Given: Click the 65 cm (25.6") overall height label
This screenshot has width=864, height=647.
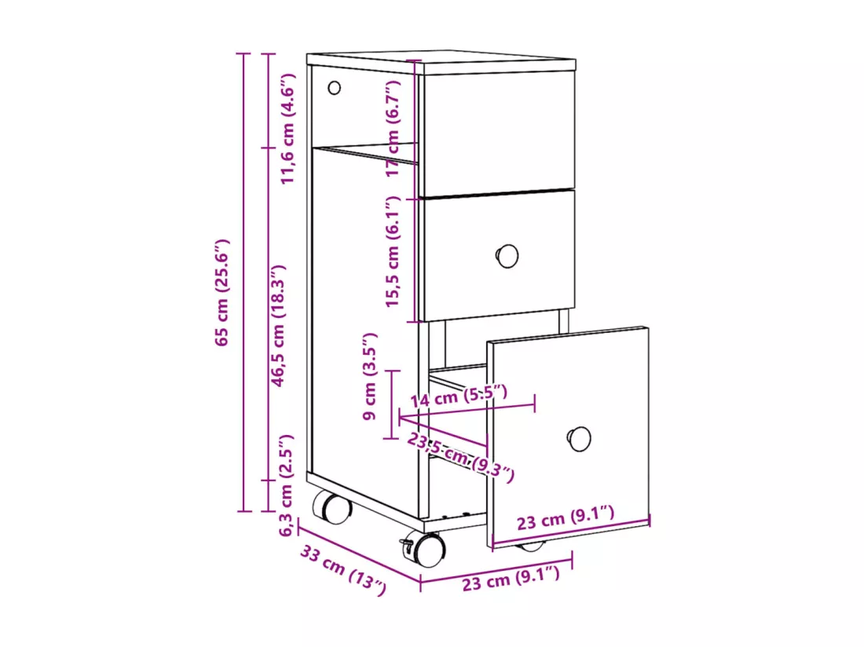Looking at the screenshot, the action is pos(222,292).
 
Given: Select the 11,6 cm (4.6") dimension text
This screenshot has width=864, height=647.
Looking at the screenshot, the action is pos(288,128).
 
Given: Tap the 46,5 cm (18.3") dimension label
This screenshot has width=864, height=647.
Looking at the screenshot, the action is pos(278,325).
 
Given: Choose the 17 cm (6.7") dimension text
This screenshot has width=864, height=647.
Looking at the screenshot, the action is pos(393,128).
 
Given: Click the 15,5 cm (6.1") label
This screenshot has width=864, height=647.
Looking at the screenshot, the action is pos(392,251).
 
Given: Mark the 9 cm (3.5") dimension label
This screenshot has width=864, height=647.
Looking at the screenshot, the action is pos(370,376).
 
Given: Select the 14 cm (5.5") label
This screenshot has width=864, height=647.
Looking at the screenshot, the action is pos(459,396).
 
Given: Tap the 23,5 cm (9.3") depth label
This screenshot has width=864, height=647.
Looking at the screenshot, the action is pos(460,457).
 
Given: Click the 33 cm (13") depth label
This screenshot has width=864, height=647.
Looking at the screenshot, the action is pos(343,569).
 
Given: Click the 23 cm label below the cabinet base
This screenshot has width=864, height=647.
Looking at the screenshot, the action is pos(511,579).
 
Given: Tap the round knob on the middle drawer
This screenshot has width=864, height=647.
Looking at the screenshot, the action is pos(507,256).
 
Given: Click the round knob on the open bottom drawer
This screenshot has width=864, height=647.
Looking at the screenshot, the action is pos(579,439).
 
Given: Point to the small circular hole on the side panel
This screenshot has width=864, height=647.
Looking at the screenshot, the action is pos(334,88).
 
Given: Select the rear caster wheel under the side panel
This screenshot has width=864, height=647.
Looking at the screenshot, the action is pos(331,506).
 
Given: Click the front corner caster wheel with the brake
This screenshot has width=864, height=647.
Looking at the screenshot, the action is pos(427,549).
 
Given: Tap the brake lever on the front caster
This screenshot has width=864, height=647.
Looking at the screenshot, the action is pos(406,546).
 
